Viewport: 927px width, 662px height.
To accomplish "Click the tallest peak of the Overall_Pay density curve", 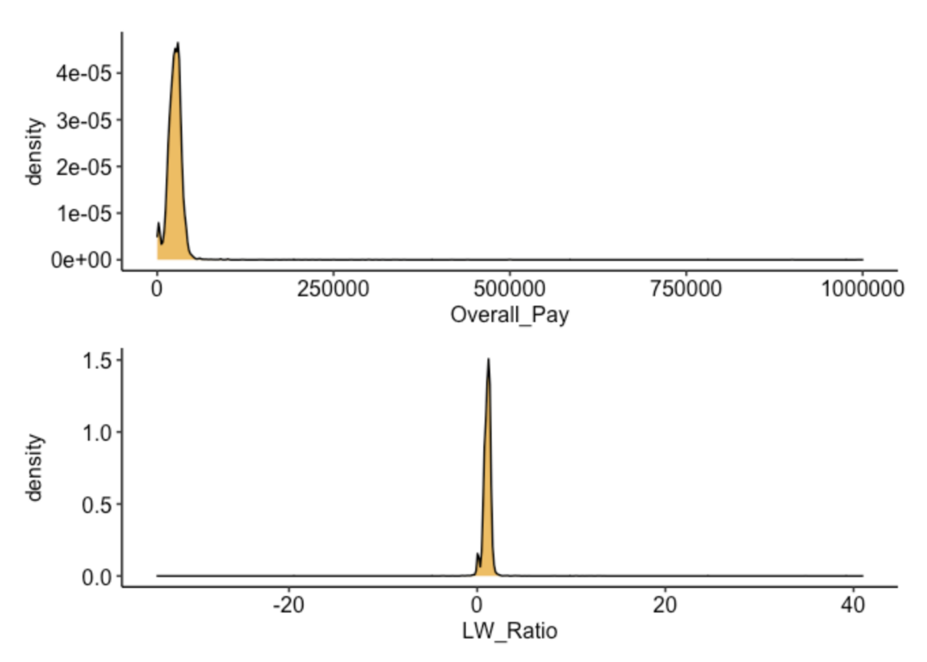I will click(x=177, y=44).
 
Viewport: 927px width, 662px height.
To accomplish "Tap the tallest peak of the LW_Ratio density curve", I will click(x=488, y=359).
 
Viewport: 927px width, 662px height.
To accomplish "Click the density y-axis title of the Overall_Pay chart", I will click(x=35, y=150).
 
